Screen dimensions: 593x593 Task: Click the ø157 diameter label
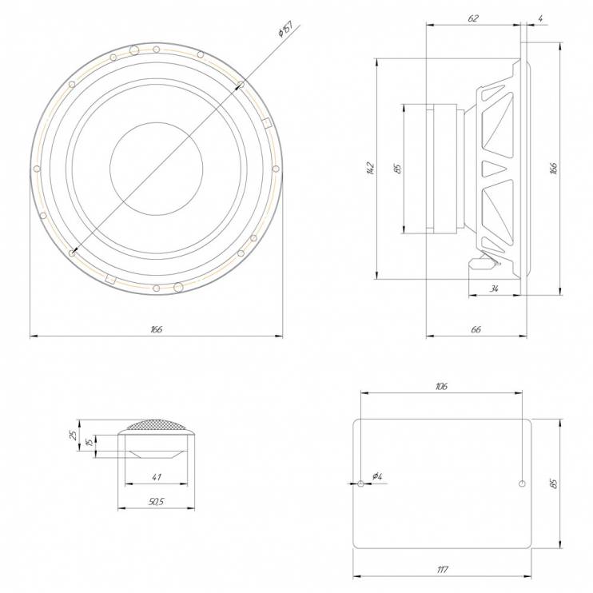pyautogui.click(x=285, y=29)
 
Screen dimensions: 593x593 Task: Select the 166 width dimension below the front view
pyautogui.click(x=156, y=329)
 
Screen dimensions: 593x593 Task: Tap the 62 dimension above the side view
pyautogui.click(x=473, y=18)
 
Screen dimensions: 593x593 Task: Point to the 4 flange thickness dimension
pyautogui.click(x=541, y=18)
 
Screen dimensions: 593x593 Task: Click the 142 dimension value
pyautogui.click(x=370, y=169)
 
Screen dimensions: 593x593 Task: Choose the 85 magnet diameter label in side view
pyautogui.click(x=397, y=169)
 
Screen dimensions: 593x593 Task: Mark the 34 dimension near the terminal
pyautogui.click(x=494, y=289)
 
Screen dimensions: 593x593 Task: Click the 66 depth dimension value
pyautogui.click(x=476, y=329)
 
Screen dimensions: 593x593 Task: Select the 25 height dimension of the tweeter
pyautogui.click(x=74, y=435)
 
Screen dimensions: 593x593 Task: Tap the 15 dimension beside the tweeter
pyautogui.click(x=90, y=442)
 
